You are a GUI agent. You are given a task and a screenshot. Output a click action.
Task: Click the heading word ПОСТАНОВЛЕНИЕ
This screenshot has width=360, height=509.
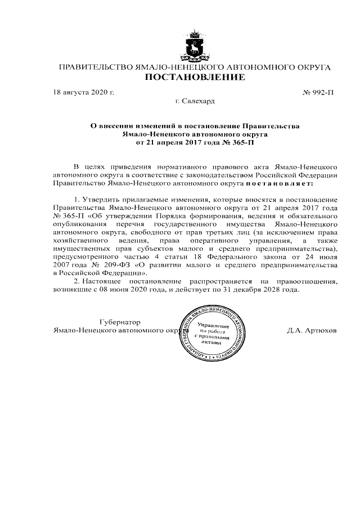tap(195, 77)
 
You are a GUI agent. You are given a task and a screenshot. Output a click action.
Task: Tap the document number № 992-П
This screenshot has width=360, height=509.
tap(318, 91)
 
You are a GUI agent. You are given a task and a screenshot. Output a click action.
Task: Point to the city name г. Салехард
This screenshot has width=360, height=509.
tap(195, 101)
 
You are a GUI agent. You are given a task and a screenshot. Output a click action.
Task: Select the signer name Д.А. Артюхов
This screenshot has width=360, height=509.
tap(311, 331)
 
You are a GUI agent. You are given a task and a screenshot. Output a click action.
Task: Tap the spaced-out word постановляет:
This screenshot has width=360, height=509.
tap(279, 183)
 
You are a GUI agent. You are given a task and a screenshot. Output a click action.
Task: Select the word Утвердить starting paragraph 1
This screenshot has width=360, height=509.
tap(101, 200)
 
